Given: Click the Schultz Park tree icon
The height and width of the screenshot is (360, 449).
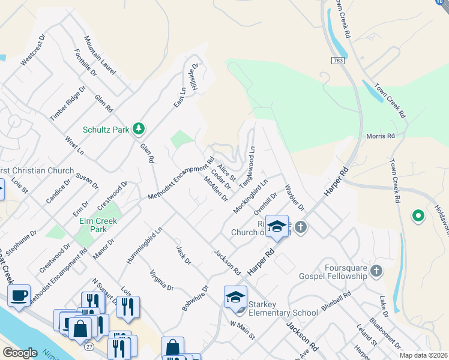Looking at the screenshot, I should [139, 128].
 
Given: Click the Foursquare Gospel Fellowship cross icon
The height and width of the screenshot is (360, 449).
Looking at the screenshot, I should [376, 271].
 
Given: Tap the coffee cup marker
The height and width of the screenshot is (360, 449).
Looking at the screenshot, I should [19, 295].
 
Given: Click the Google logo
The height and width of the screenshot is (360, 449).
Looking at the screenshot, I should [20, 352].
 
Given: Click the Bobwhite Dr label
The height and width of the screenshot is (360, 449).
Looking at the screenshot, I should [193, 298].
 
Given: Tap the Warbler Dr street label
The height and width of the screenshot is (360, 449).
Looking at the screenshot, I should [295, 197].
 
